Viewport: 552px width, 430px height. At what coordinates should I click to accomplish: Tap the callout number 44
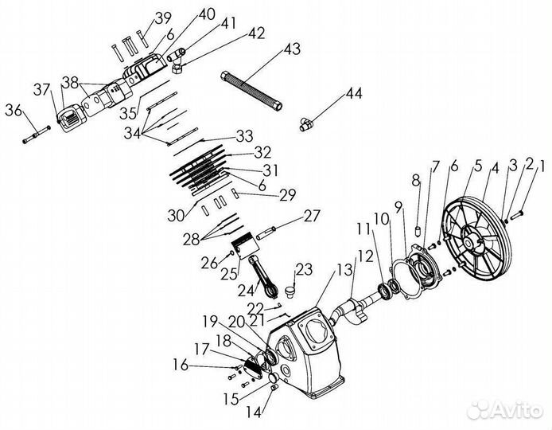tap(353, 95)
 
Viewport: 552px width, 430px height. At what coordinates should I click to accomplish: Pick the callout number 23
tap(305, 268)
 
